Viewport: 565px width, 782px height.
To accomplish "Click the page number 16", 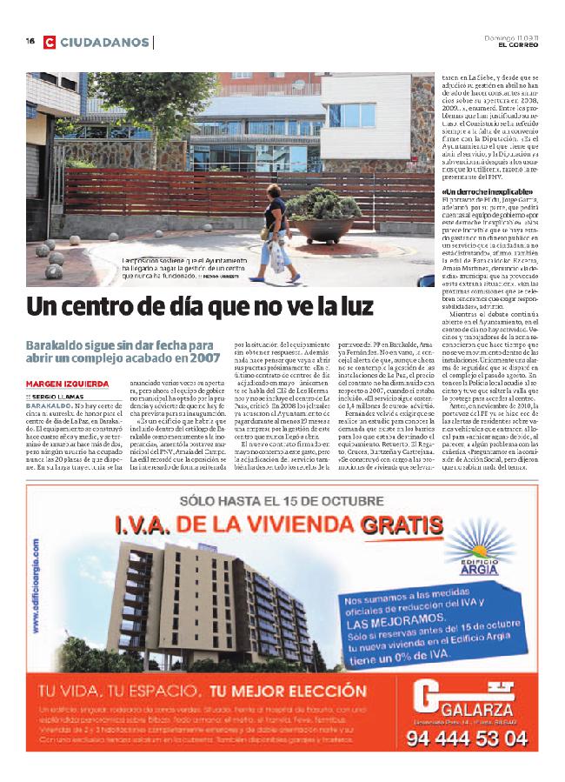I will (x=30, y=41).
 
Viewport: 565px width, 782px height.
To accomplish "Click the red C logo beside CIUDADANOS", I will (x=50, y=42).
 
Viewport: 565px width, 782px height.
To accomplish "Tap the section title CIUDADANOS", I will (x=104, y=42).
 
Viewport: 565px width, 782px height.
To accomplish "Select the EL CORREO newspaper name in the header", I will (x=520, y=44).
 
